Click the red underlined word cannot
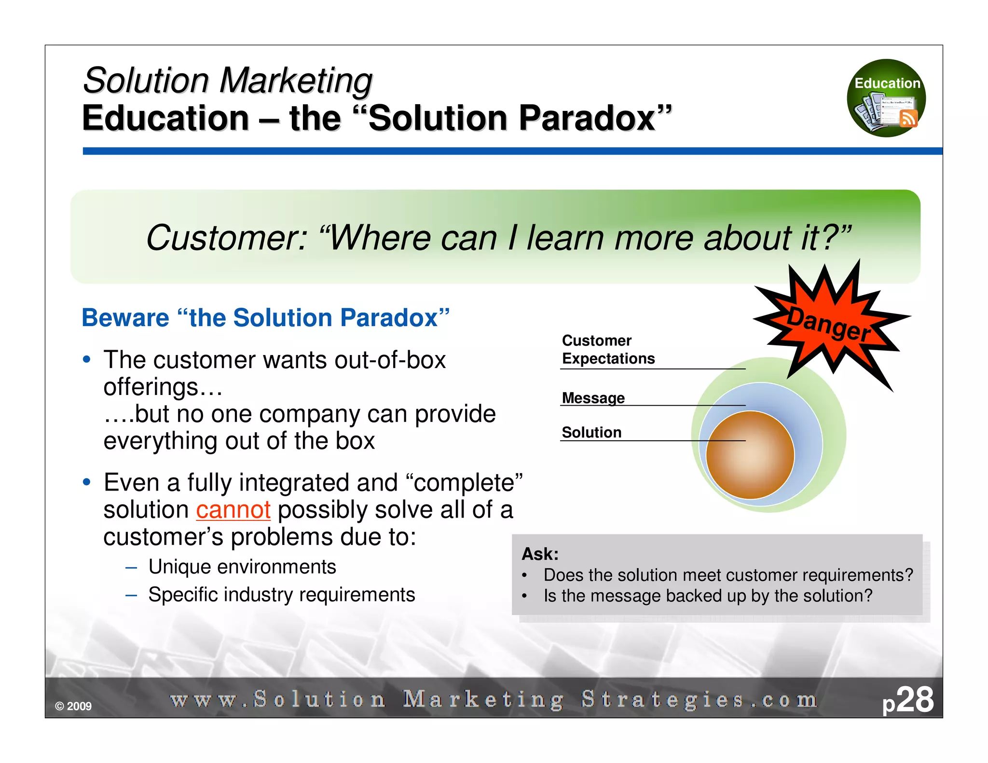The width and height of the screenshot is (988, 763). point(233,510)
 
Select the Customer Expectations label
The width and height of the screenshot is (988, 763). point(608,350)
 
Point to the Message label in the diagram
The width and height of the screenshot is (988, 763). point(593,398)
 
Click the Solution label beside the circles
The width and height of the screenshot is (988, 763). point(591,432)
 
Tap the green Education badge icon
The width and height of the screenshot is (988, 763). point(886,98)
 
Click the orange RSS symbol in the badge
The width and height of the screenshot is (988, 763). point(908,118)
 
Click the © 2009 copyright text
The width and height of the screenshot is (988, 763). point(73,706)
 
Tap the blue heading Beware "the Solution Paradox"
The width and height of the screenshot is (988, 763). point(265,318)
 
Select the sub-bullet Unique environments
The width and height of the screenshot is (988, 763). point(242,567)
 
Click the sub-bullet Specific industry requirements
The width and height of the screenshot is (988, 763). point(281,595)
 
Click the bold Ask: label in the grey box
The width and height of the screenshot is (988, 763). point(540,554)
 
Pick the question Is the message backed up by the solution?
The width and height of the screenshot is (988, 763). point(708,596)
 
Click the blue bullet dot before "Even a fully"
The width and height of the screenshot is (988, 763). point(87,482)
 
